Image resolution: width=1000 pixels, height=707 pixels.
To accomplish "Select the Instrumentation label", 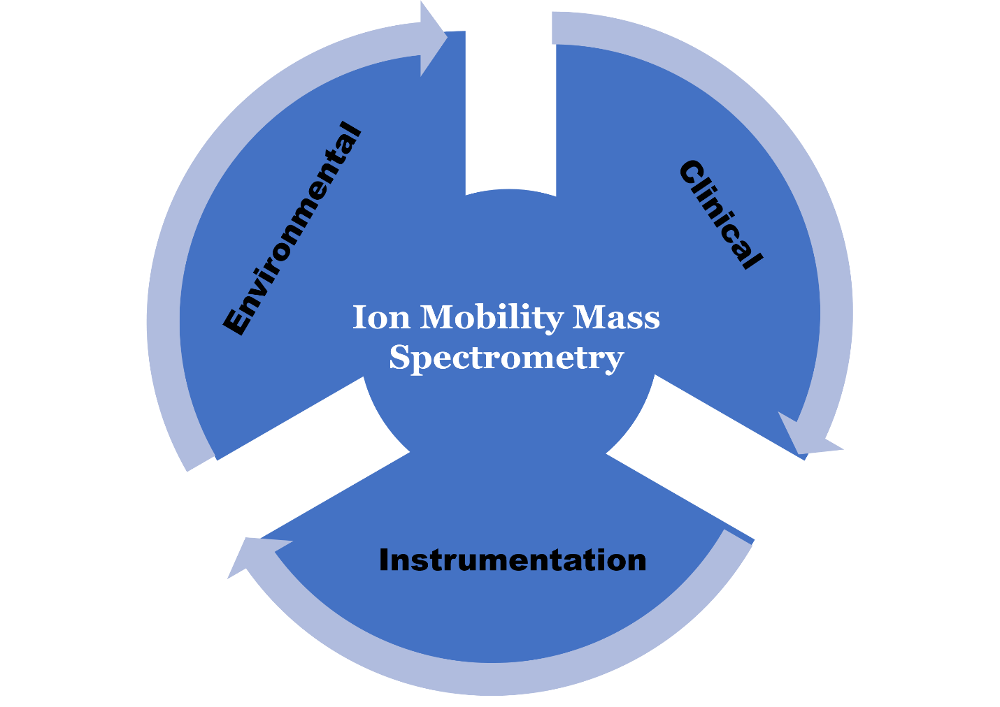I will [x=513, y=560].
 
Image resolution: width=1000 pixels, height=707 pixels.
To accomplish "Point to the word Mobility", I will [x=491, y=318].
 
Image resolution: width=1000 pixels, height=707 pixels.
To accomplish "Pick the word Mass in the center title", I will [x=616, y=318].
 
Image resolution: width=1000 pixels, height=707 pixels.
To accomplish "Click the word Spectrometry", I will [x=506, y=358].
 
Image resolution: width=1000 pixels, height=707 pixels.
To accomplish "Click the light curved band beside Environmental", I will [x=168, y=279].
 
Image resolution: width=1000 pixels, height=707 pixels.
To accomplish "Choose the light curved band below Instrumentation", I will [x=490, y=678].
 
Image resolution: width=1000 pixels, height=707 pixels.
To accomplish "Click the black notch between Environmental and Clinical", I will [x=510, y=105].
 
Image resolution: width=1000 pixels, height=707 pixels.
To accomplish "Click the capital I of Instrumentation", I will [x=383, y=560].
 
